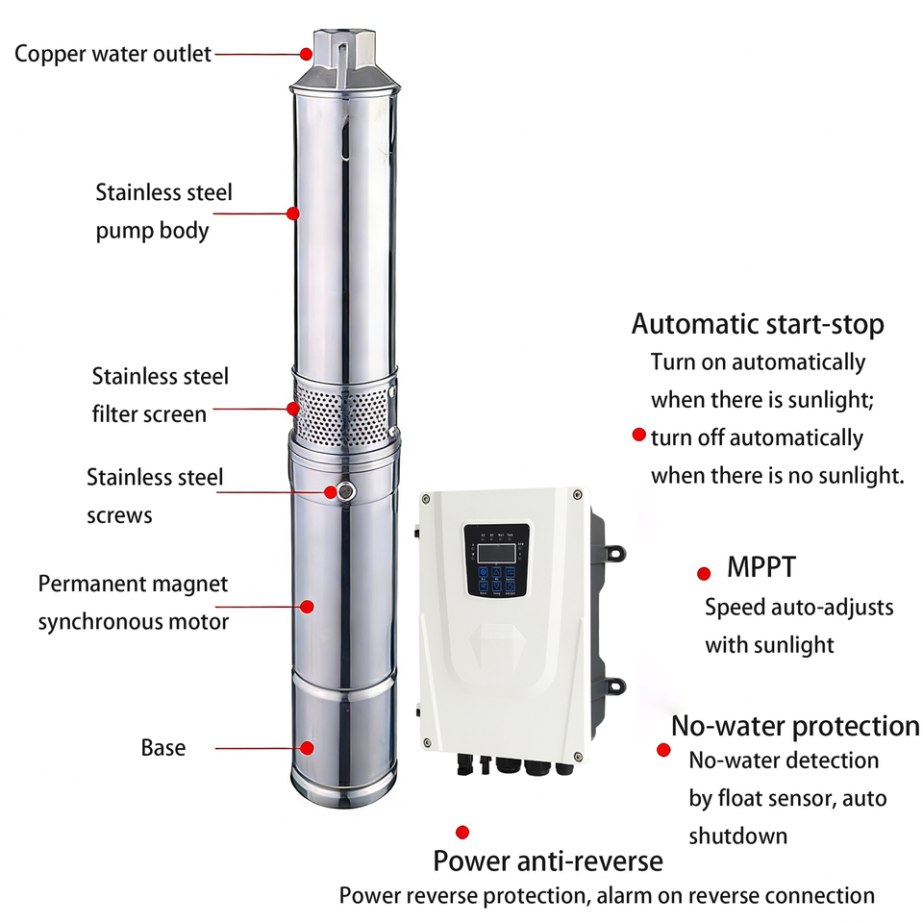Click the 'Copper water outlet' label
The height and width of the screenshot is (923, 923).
[x=112, y=54]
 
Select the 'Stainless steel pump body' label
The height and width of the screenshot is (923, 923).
[x=163, y=212]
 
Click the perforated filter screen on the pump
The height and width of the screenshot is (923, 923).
[x=344, y=410]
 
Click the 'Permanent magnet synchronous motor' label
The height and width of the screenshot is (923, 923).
[x=134, y=602]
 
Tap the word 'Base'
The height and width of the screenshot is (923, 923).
[x=163, y=747]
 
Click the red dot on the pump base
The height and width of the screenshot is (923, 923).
[x=308, y=747]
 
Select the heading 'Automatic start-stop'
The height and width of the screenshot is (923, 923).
[x=758, y=324]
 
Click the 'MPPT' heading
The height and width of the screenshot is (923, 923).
[x=761, y=566]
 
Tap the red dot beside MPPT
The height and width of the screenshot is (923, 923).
[x=704, y=573]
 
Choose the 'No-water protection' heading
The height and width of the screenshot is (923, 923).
[x=795, y=725]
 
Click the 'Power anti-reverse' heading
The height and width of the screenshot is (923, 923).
[x=548, y=860]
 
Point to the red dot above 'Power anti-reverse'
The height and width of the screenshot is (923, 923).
[x=462, y=832]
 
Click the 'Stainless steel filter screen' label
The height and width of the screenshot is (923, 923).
[x=161, y=394]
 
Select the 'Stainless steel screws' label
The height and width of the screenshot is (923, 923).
[x=154, y=495]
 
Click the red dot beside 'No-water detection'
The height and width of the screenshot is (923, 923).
[x=663, y=750]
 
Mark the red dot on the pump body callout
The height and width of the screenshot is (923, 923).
[x=293, y=212]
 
